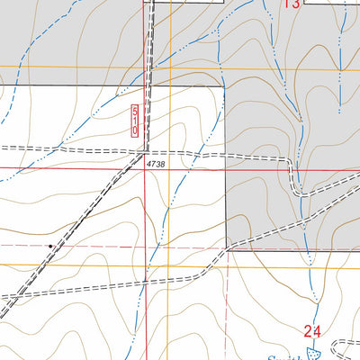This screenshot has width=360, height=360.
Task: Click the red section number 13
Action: click(x=291, y=4)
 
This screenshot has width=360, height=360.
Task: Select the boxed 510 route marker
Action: click(x=135, y=119)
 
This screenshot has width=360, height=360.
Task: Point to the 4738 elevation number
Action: click(x=156, y=163)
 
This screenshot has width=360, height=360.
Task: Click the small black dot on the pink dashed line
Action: click(x=49, y=245)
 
